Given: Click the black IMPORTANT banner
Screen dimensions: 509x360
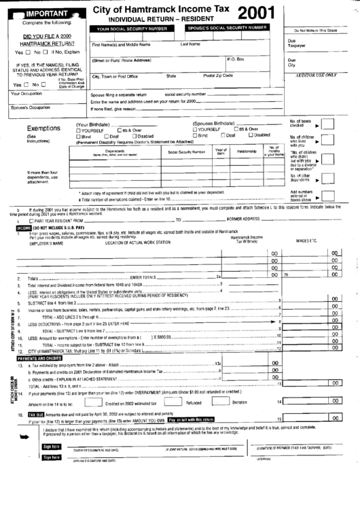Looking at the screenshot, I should (x=46, y=13).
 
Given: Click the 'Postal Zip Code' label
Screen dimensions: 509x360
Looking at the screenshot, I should (x=217, y=75).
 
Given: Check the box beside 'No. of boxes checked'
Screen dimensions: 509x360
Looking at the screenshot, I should (x=327, y=125).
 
